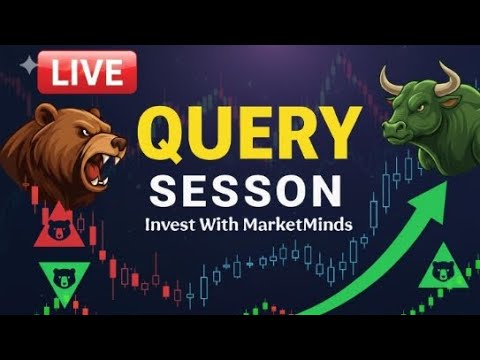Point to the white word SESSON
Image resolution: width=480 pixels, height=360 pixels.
[x=245, y=189]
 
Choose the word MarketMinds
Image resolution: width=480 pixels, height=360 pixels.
[x=299, y=225]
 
